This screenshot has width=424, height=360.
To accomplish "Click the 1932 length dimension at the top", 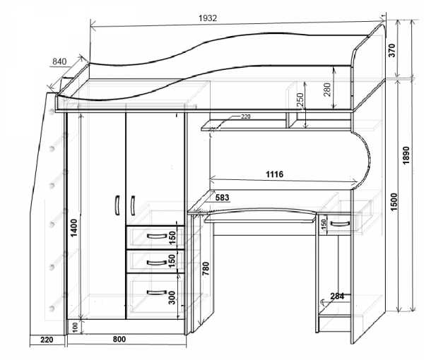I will pyautogui.click(x=207, y=18).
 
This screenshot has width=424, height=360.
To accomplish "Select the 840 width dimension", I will pyautogui.click(x=60, y=62).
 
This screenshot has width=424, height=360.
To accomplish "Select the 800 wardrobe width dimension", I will pyautogui.click(x=121, y=340).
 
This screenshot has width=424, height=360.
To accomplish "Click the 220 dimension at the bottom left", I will pyautogui.click(x=47, y=340).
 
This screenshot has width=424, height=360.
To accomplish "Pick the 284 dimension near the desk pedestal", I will pyautogui.click(x=337, y=296).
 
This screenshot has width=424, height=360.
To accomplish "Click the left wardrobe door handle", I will pyautogui.click(x=116, y=205).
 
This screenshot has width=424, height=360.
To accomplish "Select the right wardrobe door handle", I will pyautogui.click(x=133, y=205).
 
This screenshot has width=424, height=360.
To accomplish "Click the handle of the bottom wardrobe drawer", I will pyautogui.click(x=153, y=291).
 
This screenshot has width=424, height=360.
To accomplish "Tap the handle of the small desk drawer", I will pyautogui.click(x=340, y=224).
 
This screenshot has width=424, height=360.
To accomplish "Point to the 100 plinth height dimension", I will pyautogui.click(x=75, y=328).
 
